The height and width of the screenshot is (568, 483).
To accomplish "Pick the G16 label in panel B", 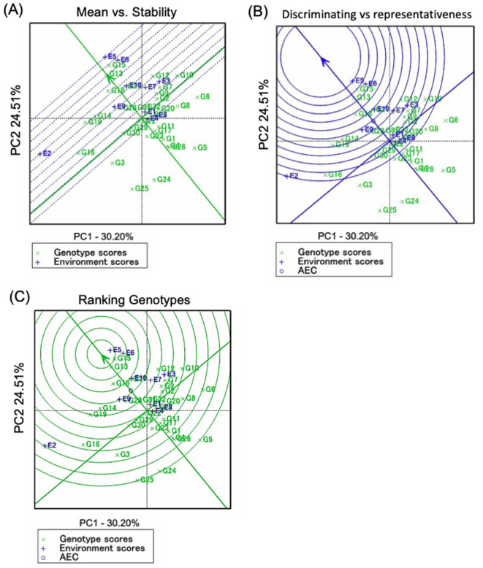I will coord(335,174).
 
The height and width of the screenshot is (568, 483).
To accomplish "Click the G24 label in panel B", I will coord(411,201).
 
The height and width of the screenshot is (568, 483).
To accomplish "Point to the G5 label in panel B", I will coord(450,170).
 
